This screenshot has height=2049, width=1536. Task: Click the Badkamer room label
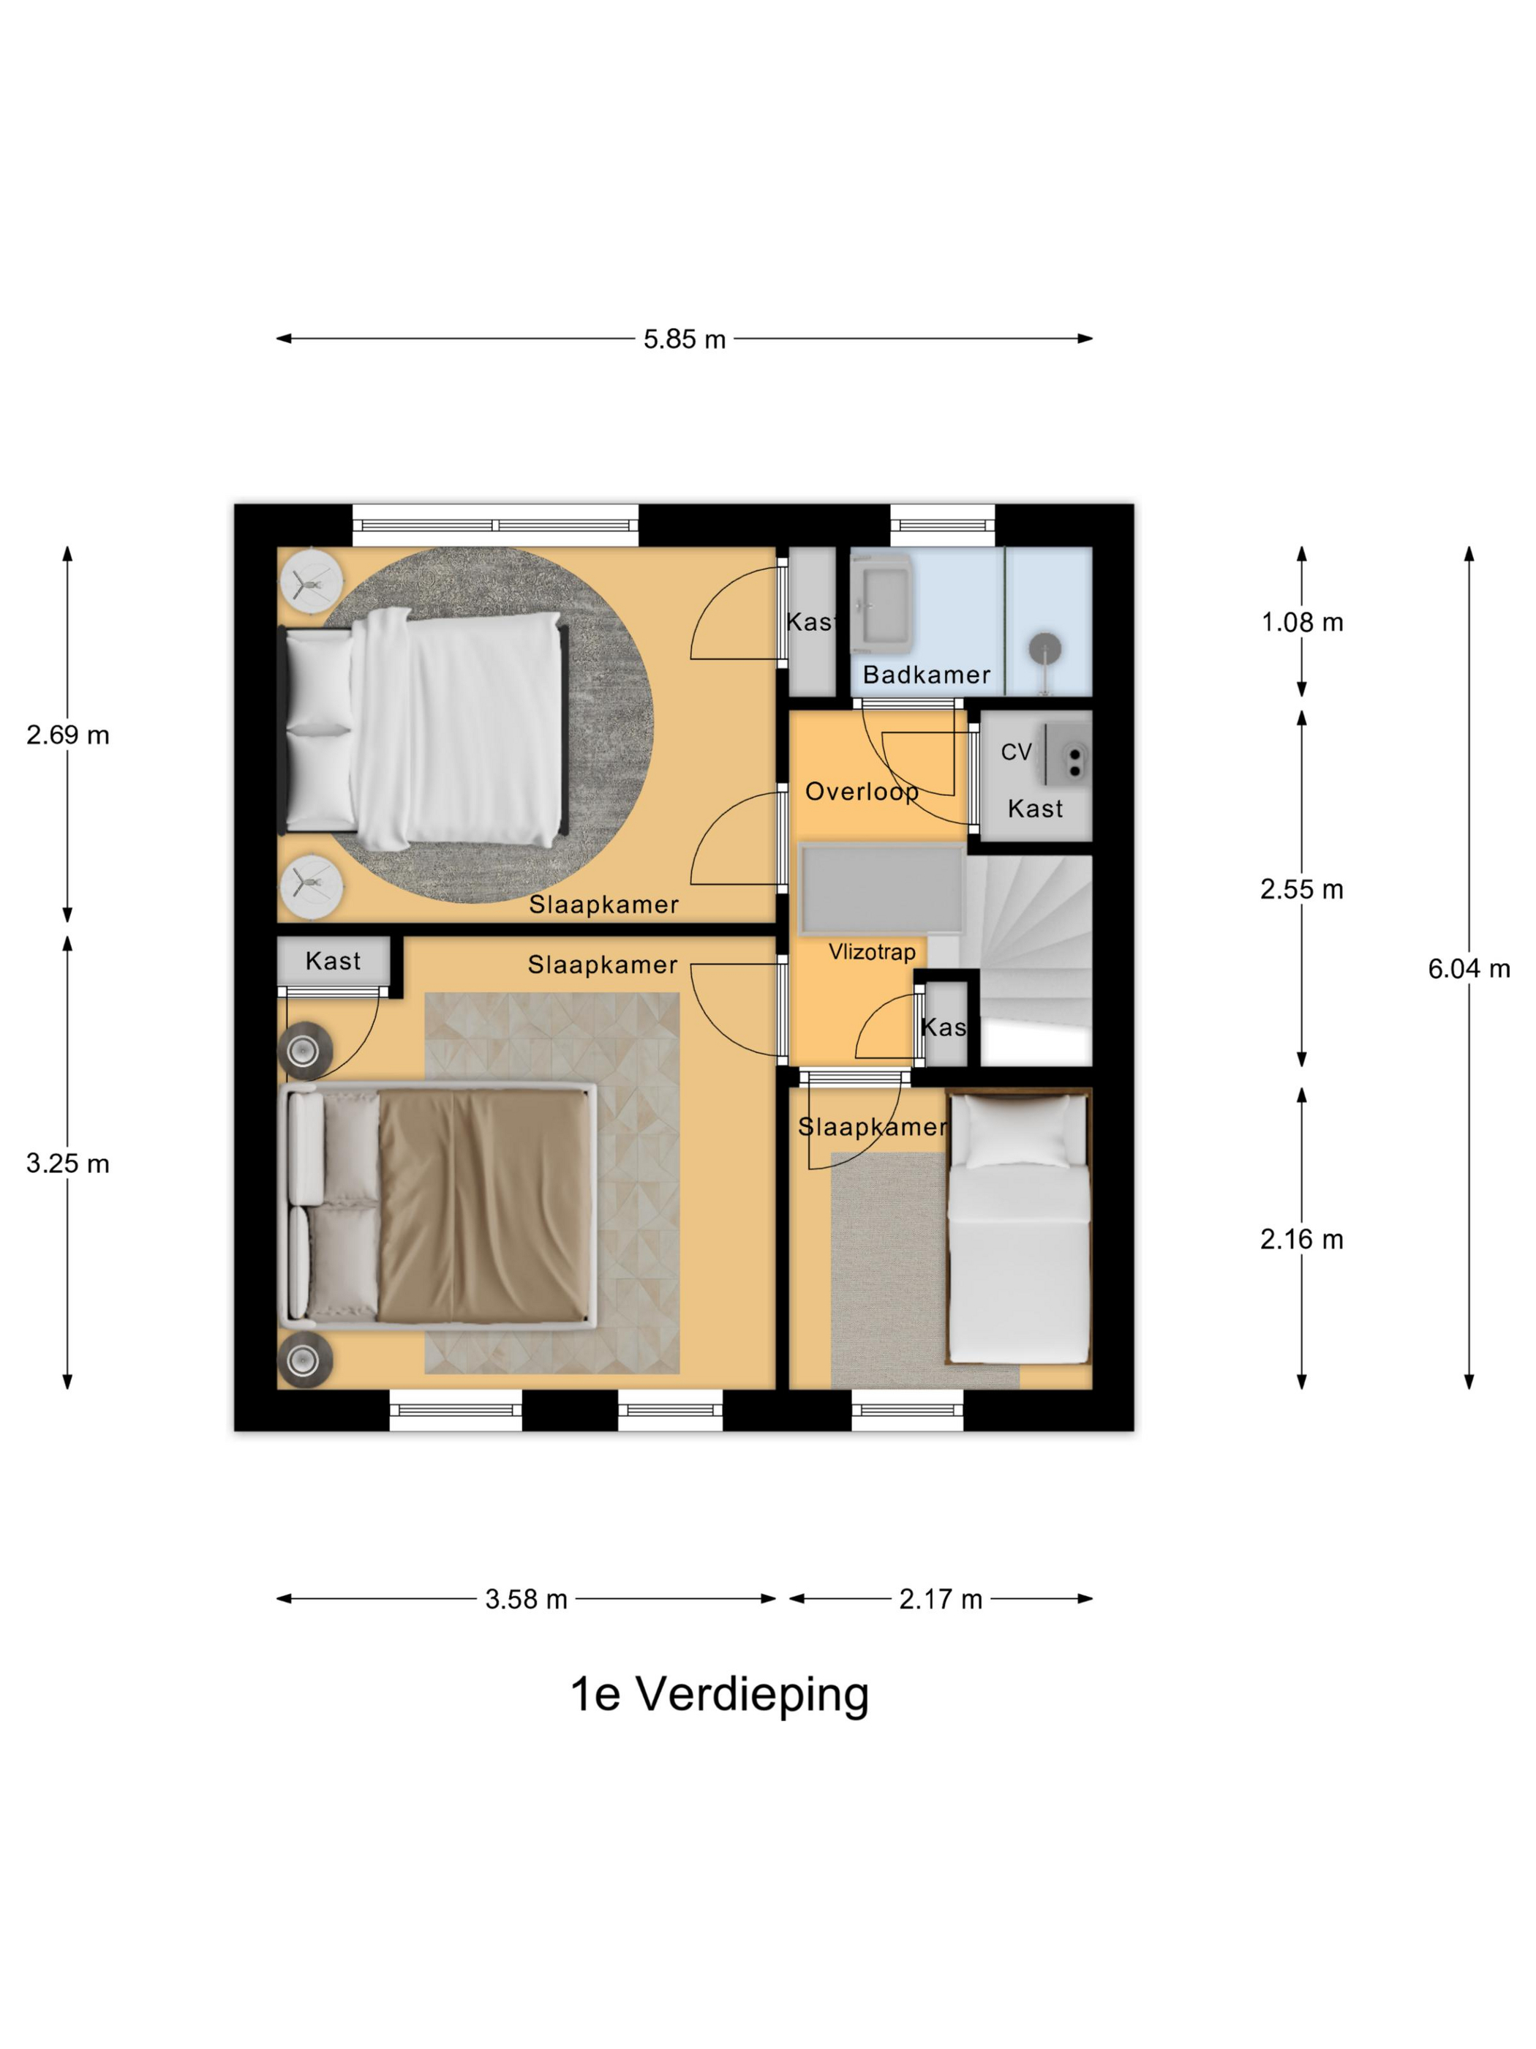[x=926, y=675]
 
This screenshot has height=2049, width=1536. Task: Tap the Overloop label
[x=862, y=791]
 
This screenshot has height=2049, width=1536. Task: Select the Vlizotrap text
[x=871, y=951]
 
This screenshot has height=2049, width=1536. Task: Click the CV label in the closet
[x=1016, y=752]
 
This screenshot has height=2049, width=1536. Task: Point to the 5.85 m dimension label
[x=684, y=339]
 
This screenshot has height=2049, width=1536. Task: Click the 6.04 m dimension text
[x=1469, y=969]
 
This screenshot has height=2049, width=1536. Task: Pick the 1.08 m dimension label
[x=1302, y=623]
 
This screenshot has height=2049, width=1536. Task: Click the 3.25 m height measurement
[x=67, y=1164]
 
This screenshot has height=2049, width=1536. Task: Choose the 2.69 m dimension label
[x=67, y=735]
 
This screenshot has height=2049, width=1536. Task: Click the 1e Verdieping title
[x=720, y=1694]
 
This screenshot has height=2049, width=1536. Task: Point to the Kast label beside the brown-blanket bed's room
[x=332, y=961]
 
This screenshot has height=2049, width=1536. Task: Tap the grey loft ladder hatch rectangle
[x=881, y=888]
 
